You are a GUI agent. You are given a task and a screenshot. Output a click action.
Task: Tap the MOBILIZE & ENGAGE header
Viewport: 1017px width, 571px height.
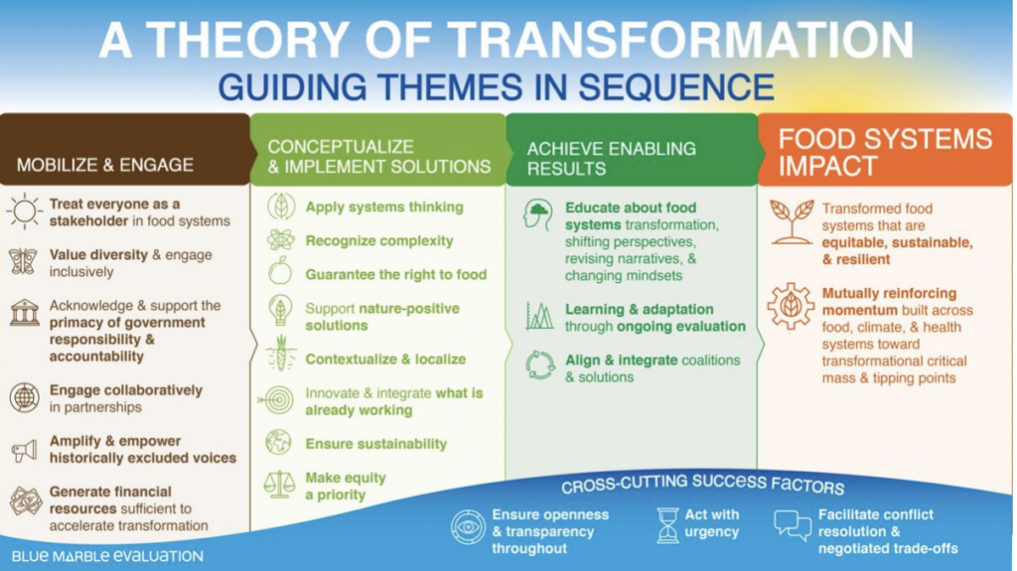(x=105, y=165)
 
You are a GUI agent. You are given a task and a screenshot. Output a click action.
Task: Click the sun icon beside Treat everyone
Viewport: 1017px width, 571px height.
(x=24, y=212)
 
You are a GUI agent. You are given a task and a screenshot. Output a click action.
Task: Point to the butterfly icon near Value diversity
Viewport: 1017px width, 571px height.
(x=24, y=261)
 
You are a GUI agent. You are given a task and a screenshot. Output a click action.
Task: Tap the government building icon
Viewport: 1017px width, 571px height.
(x=24, y=315)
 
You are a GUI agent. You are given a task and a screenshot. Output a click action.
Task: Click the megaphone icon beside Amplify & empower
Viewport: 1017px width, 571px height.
(x=24, y=450)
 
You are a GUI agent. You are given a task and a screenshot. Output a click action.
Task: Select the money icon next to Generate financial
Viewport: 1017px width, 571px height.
(x=25, y=500)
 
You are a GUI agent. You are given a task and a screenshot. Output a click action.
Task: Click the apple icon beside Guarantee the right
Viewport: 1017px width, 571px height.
(x=280, y=273)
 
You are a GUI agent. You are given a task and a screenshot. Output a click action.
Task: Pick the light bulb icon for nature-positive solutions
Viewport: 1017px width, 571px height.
(x=280, y=311)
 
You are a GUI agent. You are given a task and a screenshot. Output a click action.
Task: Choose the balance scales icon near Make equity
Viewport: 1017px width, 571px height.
(x=280, y=485)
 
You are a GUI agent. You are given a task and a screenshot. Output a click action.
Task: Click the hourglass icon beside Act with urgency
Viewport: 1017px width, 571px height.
(x=667, y=524)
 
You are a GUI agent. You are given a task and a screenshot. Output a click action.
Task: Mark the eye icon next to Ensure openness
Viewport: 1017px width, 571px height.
(x=467, y=525)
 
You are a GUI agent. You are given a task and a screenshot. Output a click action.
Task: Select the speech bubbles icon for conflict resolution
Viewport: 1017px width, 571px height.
(x=793, y=525)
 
